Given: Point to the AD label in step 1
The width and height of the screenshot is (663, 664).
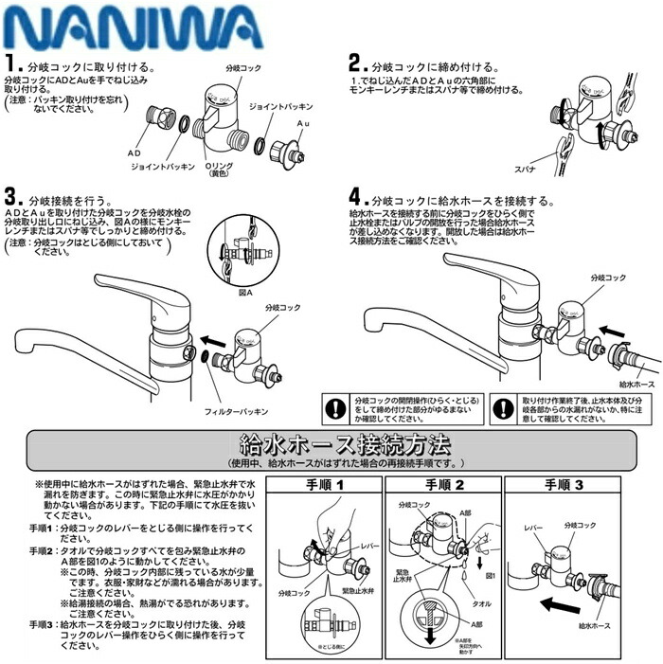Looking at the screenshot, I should click(x=134, y=152).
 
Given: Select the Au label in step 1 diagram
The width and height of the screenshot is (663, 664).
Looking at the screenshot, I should click(x=303, y=123).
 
